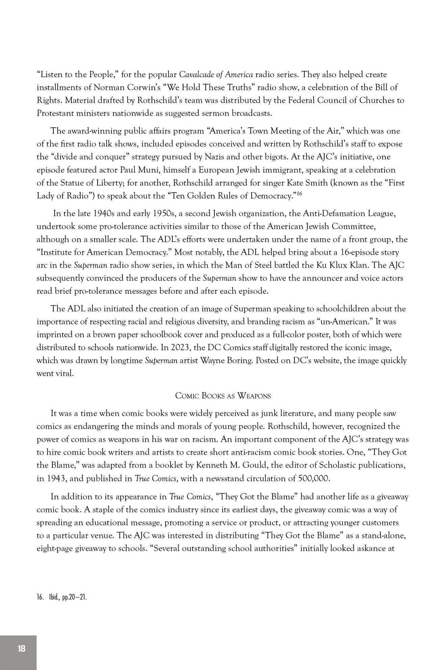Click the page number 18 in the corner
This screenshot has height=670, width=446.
21,648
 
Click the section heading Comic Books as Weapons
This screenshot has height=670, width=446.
223,396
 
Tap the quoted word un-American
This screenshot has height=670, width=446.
344,321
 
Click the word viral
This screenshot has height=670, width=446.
65,374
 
